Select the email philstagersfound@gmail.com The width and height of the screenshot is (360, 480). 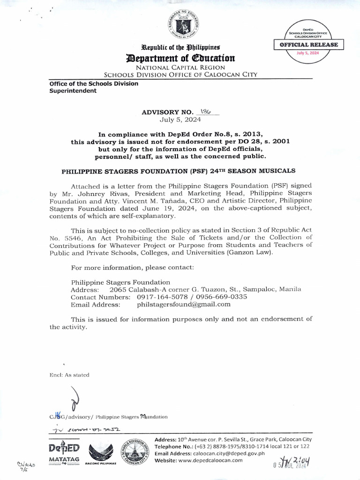click(184, 304)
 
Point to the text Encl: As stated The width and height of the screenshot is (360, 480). click(69, 375)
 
